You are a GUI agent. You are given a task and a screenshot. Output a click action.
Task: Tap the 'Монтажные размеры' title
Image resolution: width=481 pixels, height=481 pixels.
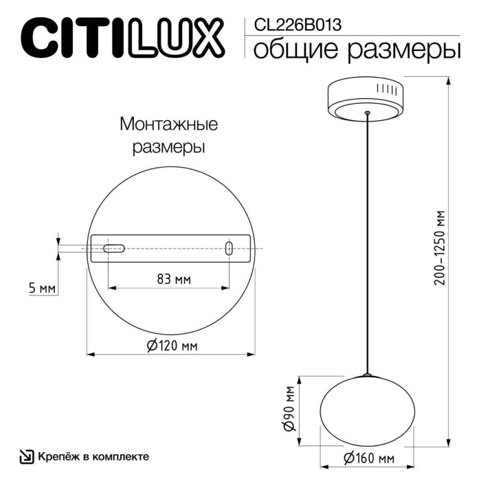coord(168,135)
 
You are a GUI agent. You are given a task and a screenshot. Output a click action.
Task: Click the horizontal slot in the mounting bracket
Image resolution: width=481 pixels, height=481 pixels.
coord(114,248)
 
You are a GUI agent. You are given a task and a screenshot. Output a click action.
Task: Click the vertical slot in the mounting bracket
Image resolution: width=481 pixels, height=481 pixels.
coord(229,249)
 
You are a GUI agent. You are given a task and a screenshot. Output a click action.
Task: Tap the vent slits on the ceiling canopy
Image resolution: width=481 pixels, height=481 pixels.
coord(388,90)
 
